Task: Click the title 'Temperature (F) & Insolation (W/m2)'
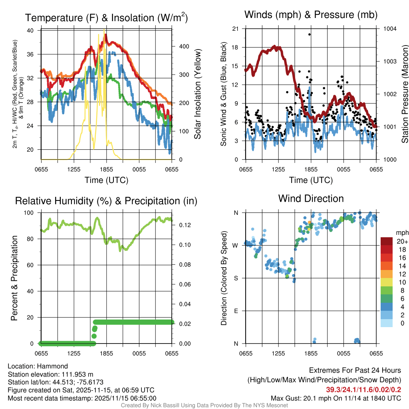tap(107, 18)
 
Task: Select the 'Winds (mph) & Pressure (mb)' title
tap(311, 15)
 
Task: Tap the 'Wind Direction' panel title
tap(311, 199)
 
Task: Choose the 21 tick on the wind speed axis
tap(235, 28)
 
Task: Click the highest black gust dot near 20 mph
tap(310, 34)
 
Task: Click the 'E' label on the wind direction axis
tap(236, 311)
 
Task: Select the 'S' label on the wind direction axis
tap(236, 278)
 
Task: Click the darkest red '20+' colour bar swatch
tap(387, 241)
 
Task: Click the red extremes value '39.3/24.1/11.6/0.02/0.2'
tap(364, 390)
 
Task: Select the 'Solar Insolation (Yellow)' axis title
tap(198, 94)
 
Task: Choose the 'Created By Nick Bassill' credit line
tap(204, 405)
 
